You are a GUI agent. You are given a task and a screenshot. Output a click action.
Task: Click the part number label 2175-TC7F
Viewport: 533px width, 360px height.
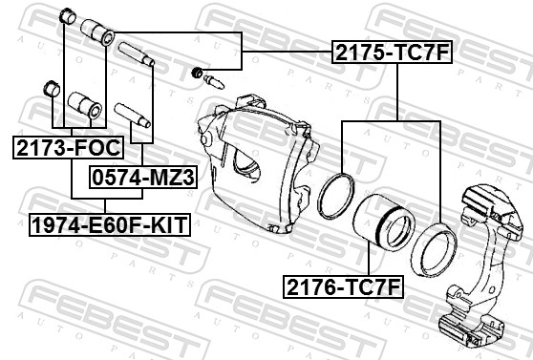[x=390, y=52]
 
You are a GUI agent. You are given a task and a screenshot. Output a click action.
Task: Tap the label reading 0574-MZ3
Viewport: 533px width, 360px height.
[x=141, y=176]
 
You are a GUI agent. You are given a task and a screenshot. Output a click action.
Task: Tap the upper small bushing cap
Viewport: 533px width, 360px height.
[x=67, y=16]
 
